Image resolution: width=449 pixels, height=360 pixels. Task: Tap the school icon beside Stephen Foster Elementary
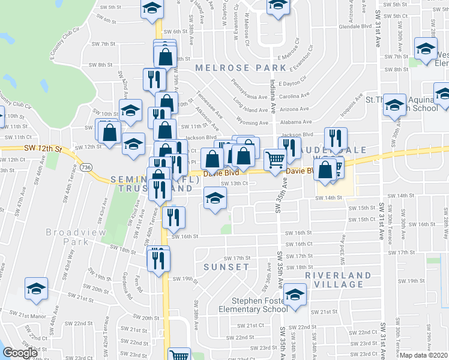pos(295,295)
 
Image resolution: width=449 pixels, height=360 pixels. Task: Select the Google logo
pos(20,353)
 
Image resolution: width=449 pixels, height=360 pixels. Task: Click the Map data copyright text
pos(424,355)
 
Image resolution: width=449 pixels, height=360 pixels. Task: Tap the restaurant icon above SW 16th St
pos(173,217)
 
